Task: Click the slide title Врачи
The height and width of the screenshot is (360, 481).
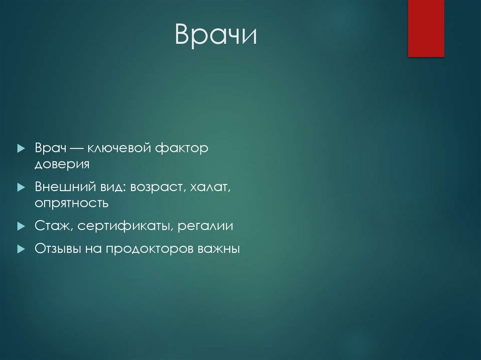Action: pos(216,36)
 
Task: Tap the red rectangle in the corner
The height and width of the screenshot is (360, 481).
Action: pos(426,28)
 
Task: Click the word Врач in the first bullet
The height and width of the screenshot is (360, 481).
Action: pos(50,148)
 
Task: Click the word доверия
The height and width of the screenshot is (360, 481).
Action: pos(62,164)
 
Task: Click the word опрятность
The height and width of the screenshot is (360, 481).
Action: pos(71,203)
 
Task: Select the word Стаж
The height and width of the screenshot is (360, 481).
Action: pos(52,226)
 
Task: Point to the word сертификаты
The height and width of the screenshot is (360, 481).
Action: pos(126,226)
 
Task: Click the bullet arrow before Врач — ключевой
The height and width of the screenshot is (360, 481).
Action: pos(21,148)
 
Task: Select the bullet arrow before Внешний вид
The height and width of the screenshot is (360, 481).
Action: pos(21,187)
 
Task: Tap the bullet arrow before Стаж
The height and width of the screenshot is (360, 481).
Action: pos(21,226)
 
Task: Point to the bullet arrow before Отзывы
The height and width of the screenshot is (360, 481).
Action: pos(21,249)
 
